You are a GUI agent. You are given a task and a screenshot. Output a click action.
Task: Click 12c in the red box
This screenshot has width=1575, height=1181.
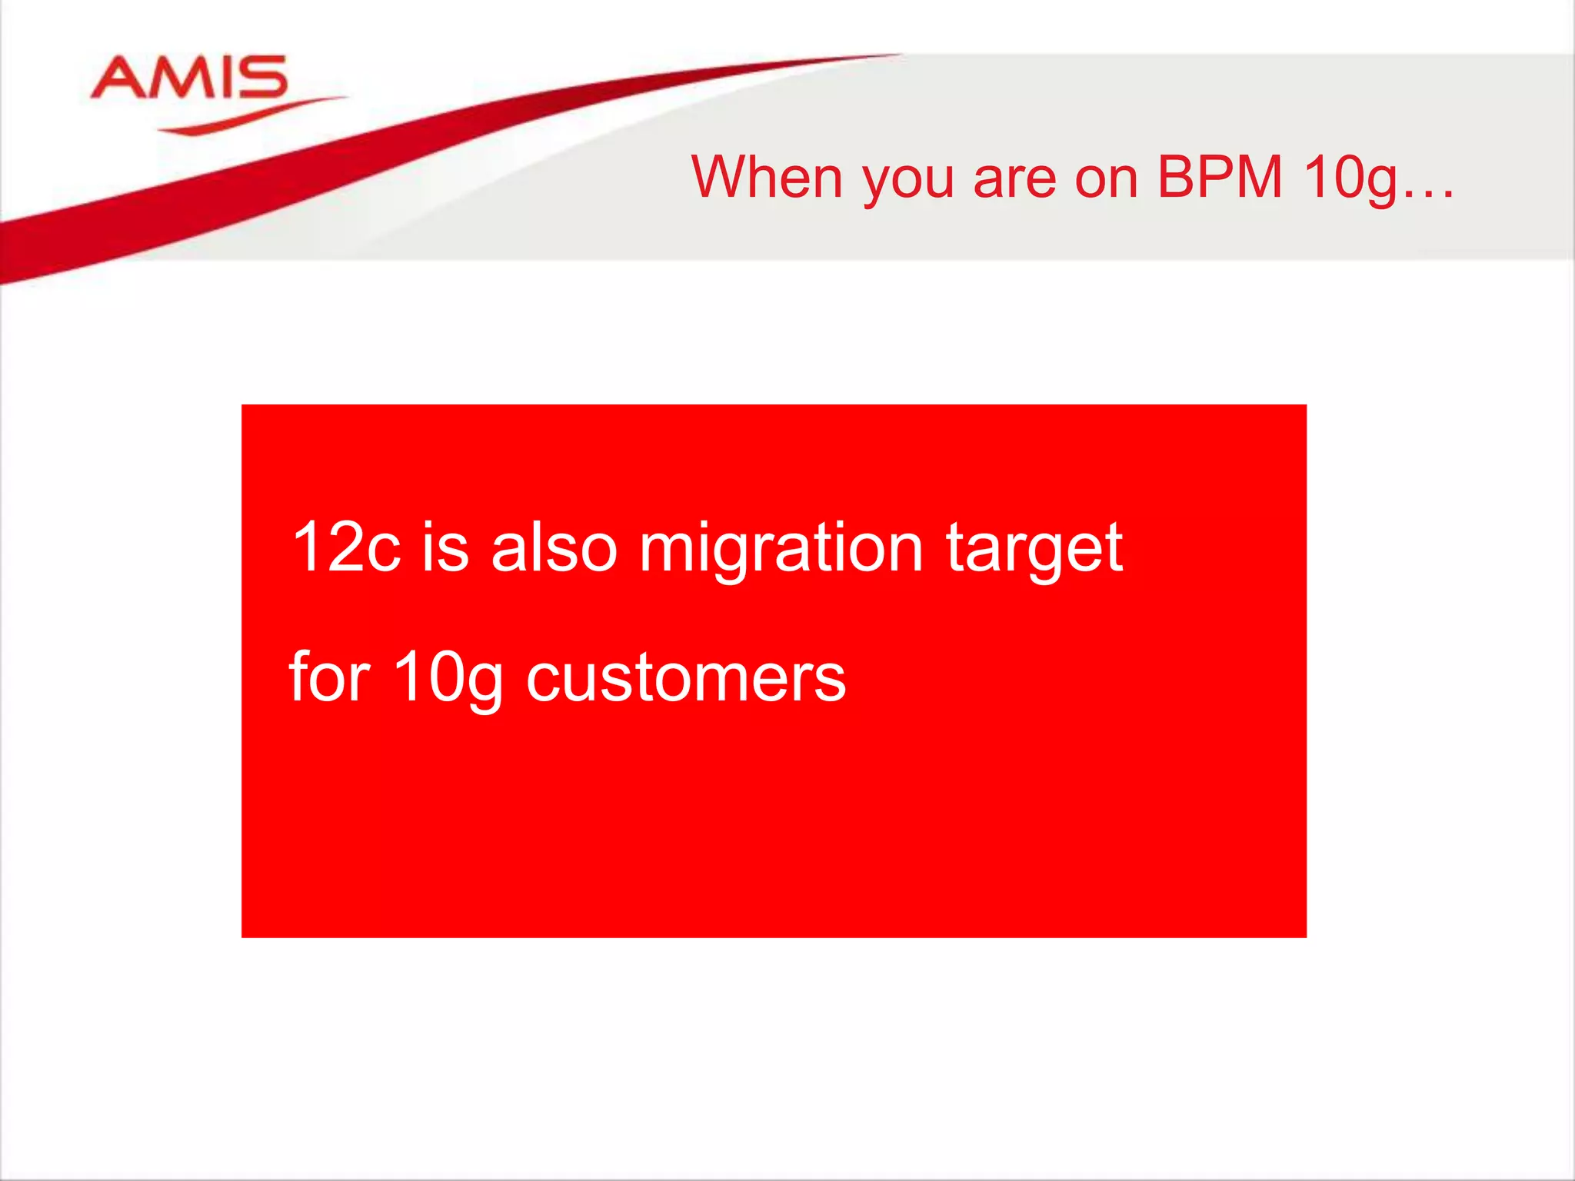[x=346, y=547]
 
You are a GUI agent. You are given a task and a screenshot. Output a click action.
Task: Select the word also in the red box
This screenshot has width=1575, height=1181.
[x=554, y=547]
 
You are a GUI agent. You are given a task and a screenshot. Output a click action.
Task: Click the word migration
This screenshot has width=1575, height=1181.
[x=780, y=549]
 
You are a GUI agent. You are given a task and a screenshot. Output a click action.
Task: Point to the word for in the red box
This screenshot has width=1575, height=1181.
[x=329, y=677]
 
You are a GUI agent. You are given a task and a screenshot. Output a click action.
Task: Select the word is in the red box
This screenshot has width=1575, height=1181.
[x=445, y=547]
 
